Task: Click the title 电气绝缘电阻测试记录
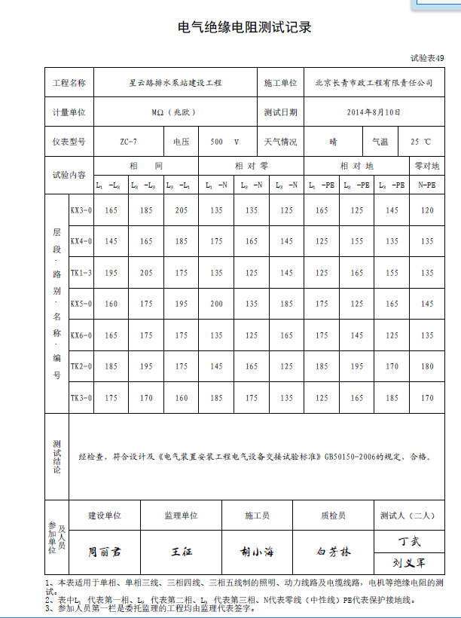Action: [244, 28]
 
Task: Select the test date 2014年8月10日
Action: [373, 112]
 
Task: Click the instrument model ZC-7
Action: [128, 142]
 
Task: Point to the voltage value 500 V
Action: [224, 142]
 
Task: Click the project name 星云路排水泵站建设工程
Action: [175, 83]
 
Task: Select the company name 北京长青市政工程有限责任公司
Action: [374, 83]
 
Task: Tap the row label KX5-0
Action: [81, 304]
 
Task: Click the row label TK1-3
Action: [81, 273]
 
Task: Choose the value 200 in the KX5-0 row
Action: [217, 304]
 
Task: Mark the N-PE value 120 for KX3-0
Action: [427, 210]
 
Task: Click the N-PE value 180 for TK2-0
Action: [427, 366]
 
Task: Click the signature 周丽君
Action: [104, 552]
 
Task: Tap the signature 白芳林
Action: [334, 552]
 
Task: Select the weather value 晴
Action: [333, 142]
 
